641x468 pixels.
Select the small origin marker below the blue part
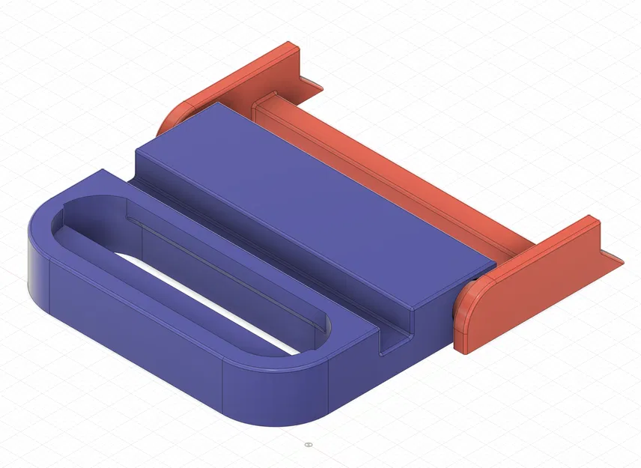pos(307,444)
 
